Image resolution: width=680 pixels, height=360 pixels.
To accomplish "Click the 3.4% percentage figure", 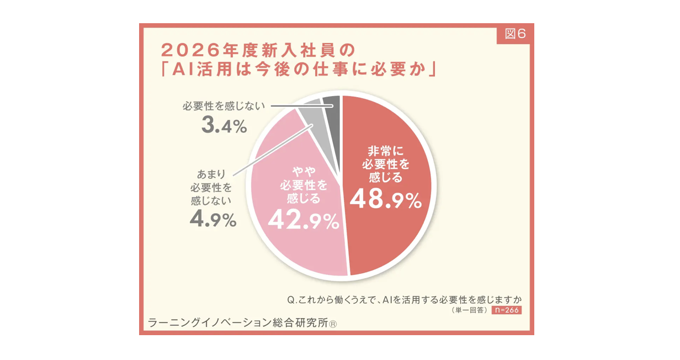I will (x=224, y=126).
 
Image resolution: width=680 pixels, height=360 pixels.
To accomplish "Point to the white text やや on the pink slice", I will (x=302, y=172).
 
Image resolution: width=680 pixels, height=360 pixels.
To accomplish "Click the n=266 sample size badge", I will (x=506, y=310).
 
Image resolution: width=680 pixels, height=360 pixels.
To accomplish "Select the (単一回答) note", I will (x=469, y=311).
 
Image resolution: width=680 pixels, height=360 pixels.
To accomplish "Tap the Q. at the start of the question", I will (x=293, y=300).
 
